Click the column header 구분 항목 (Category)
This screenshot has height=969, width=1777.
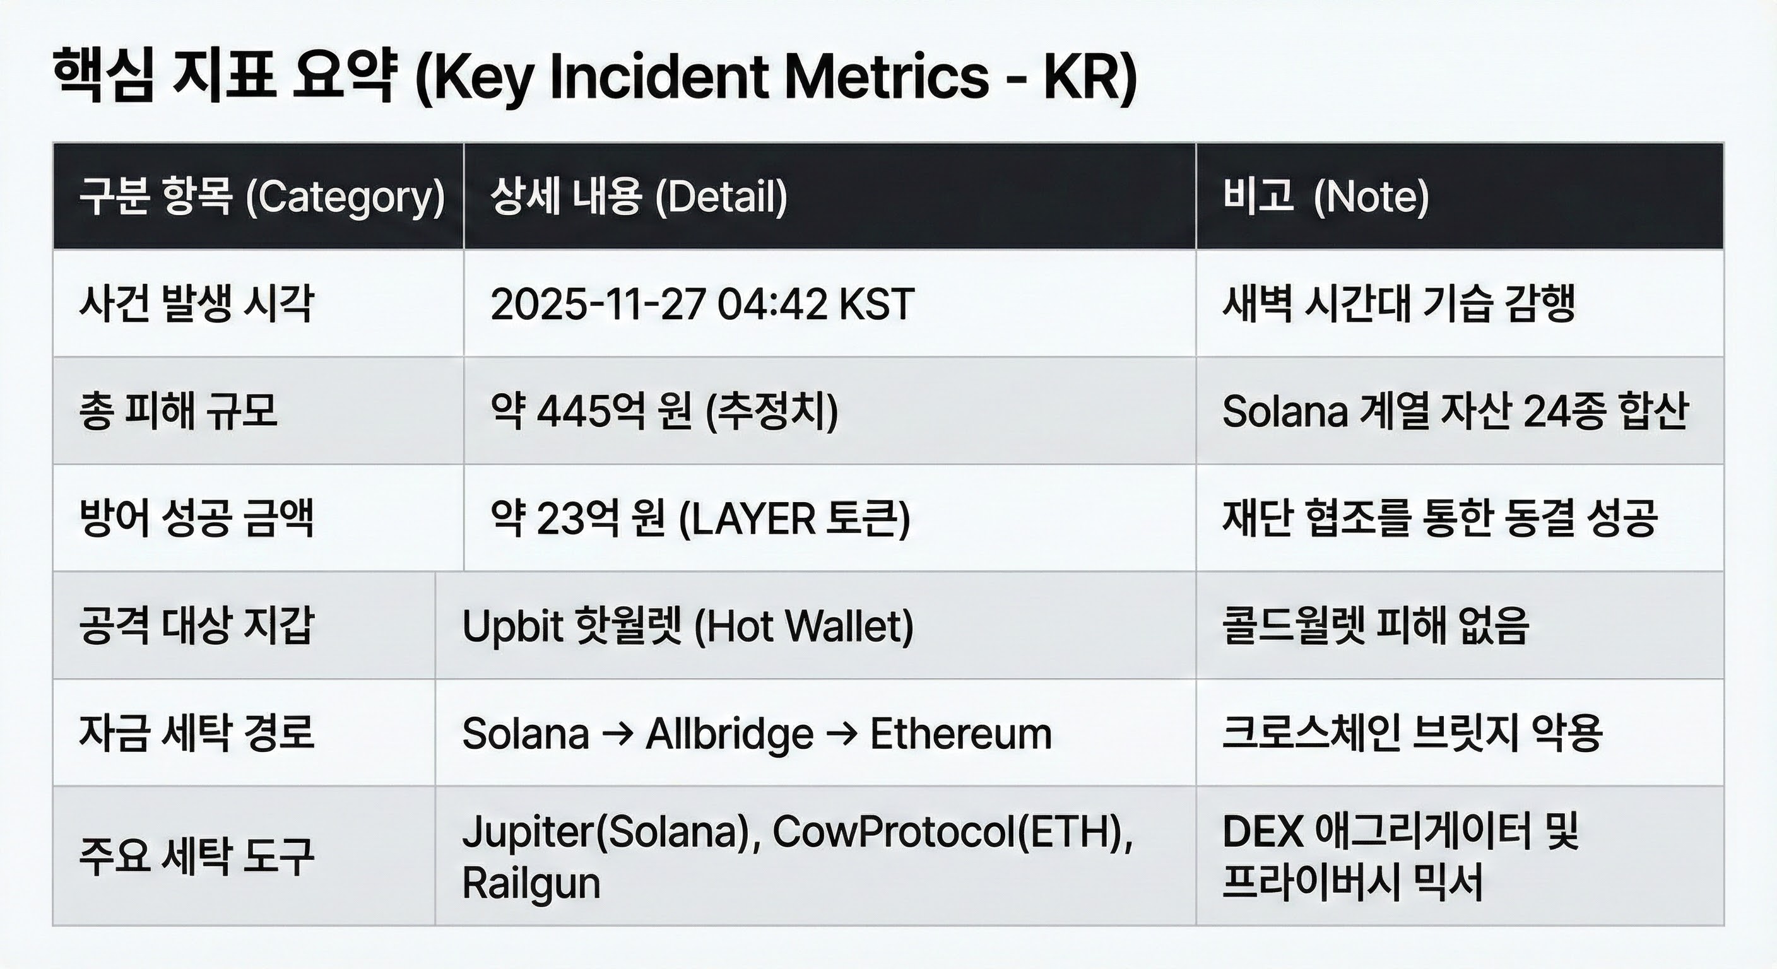click(262, 197)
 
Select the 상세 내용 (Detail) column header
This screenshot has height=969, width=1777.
click(639, 197)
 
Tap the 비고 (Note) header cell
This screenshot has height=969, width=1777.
click(1325, 197)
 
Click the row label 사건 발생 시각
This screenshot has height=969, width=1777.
click(197, 304)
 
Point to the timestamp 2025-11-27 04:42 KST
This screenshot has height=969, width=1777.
click(702, 304)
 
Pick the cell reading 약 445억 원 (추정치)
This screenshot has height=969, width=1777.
click(664, 411)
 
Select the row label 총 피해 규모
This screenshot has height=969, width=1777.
click(178, 411)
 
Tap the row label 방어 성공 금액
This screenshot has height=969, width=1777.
click(197, 519)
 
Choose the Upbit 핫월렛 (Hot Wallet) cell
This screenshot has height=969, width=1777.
click(688, 626)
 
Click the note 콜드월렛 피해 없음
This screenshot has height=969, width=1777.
click(1376, 626)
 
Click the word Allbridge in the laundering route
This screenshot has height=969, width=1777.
click(729, 733)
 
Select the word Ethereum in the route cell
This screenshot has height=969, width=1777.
click(961, 733)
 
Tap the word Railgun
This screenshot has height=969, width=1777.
click(531, 883)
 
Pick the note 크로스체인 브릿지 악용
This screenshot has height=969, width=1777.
click(1412, 733)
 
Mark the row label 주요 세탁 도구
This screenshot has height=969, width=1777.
click(197, 856)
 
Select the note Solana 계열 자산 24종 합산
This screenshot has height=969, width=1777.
click(1455, 411)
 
